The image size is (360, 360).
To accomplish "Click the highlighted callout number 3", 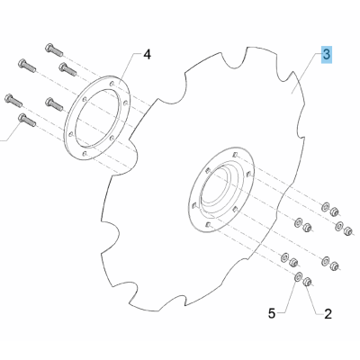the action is pyautogui.click(x=327, y=55).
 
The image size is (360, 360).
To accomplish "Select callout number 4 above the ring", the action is pyautogui.click(x=147, y=55).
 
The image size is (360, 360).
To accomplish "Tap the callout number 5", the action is pyautogui.click(x=272, y=314).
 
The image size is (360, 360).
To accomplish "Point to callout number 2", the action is pyautogui.click(x=328, y=314).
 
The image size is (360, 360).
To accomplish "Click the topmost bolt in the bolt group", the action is pyautogui.click(x=54, y=50).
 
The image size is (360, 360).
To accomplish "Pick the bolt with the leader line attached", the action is pyautogui.click(x=27, y=120).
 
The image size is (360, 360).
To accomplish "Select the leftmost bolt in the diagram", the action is pyautogui.click(x=13, y=101).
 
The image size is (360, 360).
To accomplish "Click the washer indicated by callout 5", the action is pyautogui.click(x=298, y=276).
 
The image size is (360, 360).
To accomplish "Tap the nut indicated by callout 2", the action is pyautogui.click(x=308, y=282).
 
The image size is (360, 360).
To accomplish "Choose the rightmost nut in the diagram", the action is pyautogui.click(x=348, y=231).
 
